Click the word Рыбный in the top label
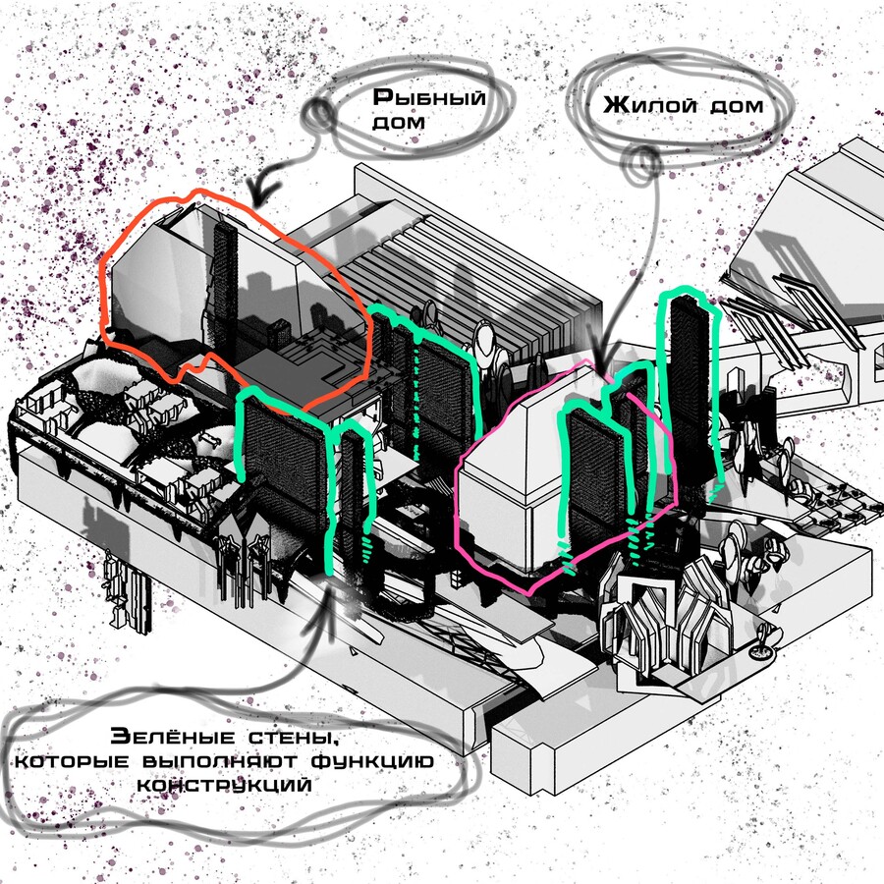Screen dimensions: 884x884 click(x=429, y=98)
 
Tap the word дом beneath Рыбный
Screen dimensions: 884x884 click(x=399, y=123)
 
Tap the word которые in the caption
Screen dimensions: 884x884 click(x=72, y=761)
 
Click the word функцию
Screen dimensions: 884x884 click(x=372, y=761)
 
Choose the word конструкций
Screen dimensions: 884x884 click(x=224, y=786)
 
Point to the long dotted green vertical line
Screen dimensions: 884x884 click(x=416, y=395)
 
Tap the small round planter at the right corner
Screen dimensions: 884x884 click(x=761, y=651)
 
